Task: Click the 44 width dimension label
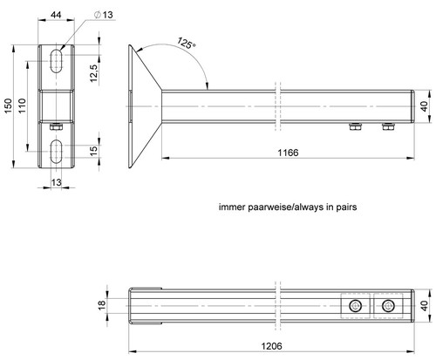click(x=56, y=15)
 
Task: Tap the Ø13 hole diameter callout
click(x=104, y=15)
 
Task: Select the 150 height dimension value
click(x=8, y=106)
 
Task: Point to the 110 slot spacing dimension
click(x=23, y=105)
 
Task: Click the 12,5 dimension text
click(x=94, y=73)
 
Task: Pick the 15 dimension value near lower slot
click(x=93, y=151)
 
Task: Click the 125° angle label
click(x=186, y=44)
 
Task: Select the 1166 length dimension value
click(x=288, y=153)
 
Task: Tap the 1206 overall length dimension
click(x=271, y=346)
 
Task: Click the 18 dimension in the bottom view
click(x=102, y=305)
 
